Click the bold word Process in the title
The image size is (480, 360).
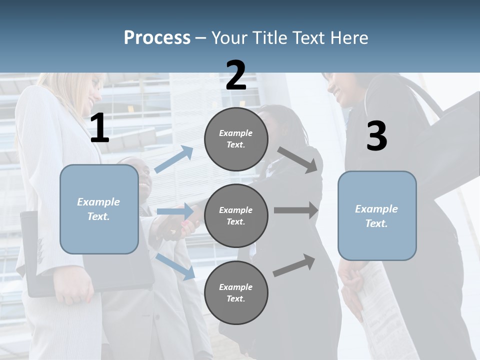[157, 37]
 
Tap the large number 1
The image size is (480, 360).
[99, 128]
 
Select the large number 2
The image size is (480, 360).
[236, 75]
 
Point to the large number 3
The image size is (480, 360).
[376, 136]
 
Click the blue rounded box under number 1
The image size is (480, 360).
[99, 209]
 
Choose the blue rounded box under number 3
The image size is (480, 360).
[377, 216]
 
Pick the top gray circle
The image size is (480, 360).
[236, 139]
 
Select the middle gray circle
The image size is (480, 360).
[236, 215]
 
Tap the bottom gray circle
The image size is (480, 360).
[236, 292]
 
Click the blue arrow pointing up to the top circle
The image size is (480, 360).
[174, 159]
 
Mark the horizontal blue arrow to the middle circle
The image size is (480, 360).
[175, 211]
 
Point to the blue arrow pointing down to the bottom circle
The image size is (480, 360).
[175, 266]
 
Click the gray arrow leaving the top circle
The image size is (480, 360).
[297, 159]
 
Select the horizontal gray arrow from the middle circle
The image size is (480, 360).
[296, 210]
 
